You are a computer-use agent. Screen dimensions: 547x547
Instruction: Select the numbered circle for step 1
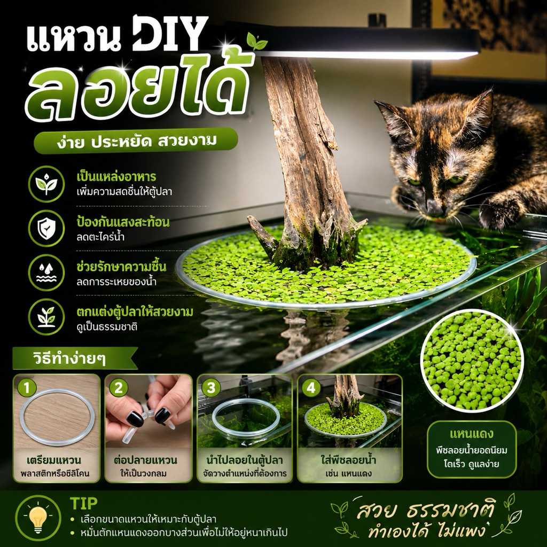click(x=27, y=388)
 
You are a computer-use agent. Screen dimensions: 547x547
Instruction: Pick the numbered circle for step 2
click(x=119, y=388)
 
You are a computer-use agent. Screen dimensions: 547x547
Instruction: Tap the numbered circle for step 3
click(x=210, y=388)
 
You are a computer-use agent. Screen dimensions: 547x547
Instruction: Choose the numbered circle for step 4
click(x=310, y=388)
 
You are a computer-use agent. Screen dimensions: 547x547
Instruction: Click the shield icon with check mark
click(x=46, y=228)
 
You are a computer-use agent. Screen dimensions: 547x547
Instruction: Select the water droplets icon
click(x=46, y=272)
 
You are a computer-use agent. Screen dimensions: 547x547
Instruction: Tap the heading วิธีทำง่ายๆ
click(x=69, y=358)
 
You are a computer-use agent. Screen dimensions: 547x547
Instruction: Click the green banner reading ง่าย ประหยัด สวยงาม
click(x=136, y=140)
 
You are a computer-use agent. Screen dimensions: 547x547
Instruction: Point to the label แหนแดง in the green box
click(x=471, y=434)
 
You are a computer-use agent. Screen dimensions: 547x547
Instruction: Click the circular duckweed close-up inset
click(x=472, y=360)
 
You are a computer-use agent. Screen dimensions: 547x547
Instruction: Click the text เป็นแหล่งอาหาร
click(x=116, y=177)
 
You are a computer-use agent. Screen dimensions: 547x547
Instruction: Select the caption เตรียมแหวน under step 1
click(x=54, y=460)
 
